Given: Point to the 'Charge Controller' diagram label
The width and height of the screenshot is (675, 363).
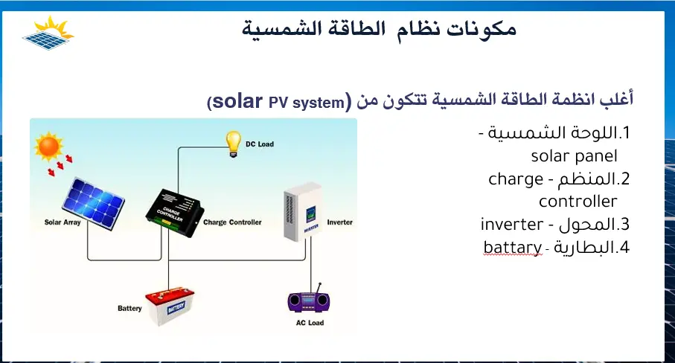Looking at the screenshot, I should pos(232,222).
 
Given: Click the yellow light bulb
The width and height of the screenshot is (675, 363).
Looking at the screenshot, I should pos(234,139).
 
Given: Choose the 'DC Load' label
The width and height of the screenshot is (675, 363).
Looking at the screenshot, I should pos(260,144).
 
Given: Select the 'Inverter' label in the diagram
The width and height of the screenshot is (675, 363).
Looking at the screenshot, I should pos(339,222).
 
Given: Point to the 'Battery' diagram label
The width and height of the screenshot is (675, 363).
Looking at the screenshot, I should pos(129,308).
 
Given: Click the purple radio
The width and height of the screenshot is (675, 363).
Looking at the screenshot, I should pos(309,301).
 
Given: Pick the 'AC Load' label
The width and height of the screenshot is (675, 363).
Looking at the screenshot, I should pos(310,324).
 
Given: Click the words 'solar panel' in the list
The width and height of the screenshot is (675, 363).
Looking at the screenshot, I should pos(574,157).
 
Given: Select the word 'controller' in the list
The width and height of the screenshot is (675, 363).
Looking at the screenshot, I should pos(578,202).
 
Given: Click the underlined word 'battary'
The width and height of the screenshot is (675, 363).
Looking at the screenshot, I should pos(511,247).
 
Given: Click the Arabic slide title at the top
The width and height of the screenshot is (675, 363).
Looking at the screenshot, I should pos(380,30).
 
